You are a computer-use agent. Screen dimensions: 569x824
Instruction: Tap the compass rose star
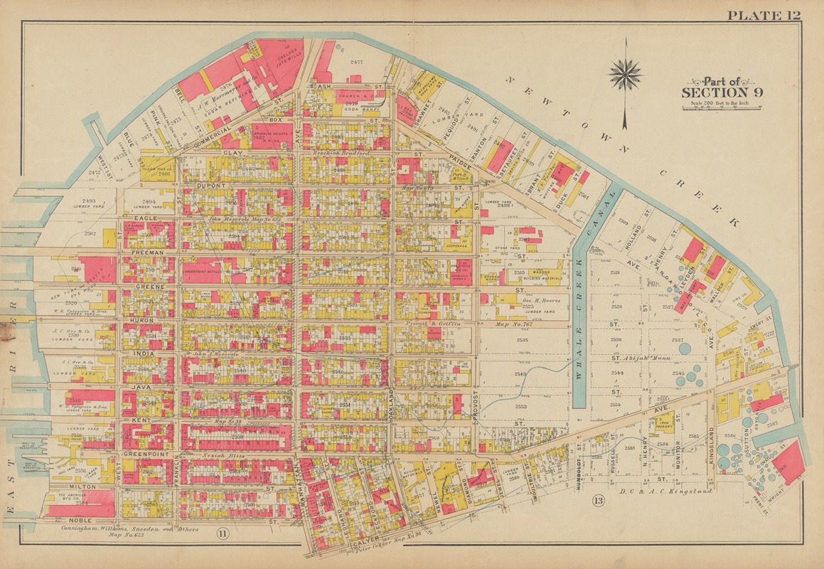click(626, 73)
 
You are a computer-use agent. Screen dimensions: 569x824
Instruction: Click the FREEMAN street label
click(147, 252)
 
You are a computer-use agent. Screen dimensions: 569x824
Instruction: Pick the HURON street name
click(142, 320)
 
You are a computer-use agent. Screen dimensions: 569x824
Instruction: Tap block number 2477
click(356, 63)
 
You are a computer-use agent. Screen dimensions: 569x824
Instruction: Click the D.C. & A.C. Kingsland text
click(665, 491)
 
